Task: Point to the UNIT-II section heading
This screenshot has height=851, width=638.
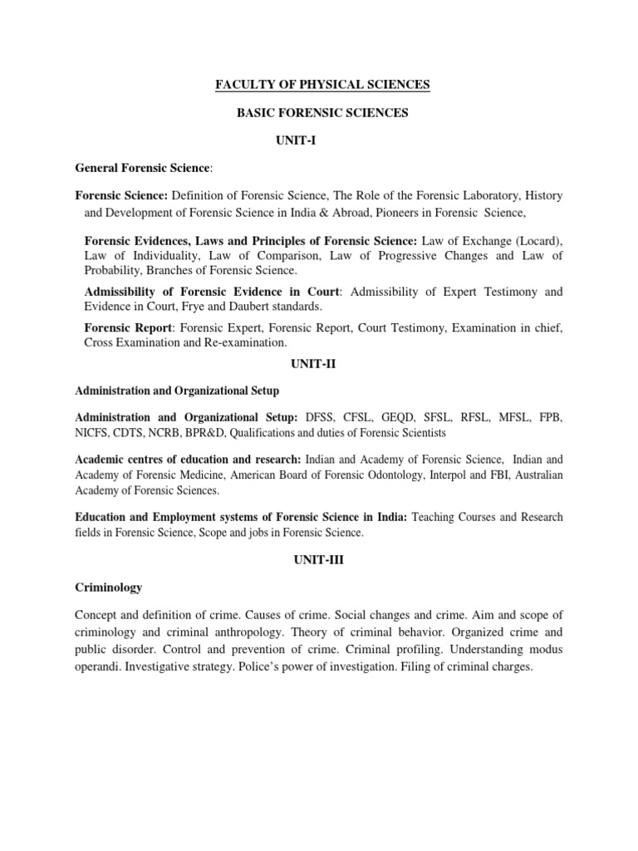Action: pos(319,364)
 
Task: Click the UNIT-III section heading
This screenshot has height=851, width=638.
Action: pos(319,560)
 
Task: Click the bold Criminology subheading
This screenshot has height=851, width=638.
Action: pos(109,588)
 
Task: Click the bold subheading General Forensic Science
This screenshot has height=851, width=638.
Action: pos(143,169)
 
